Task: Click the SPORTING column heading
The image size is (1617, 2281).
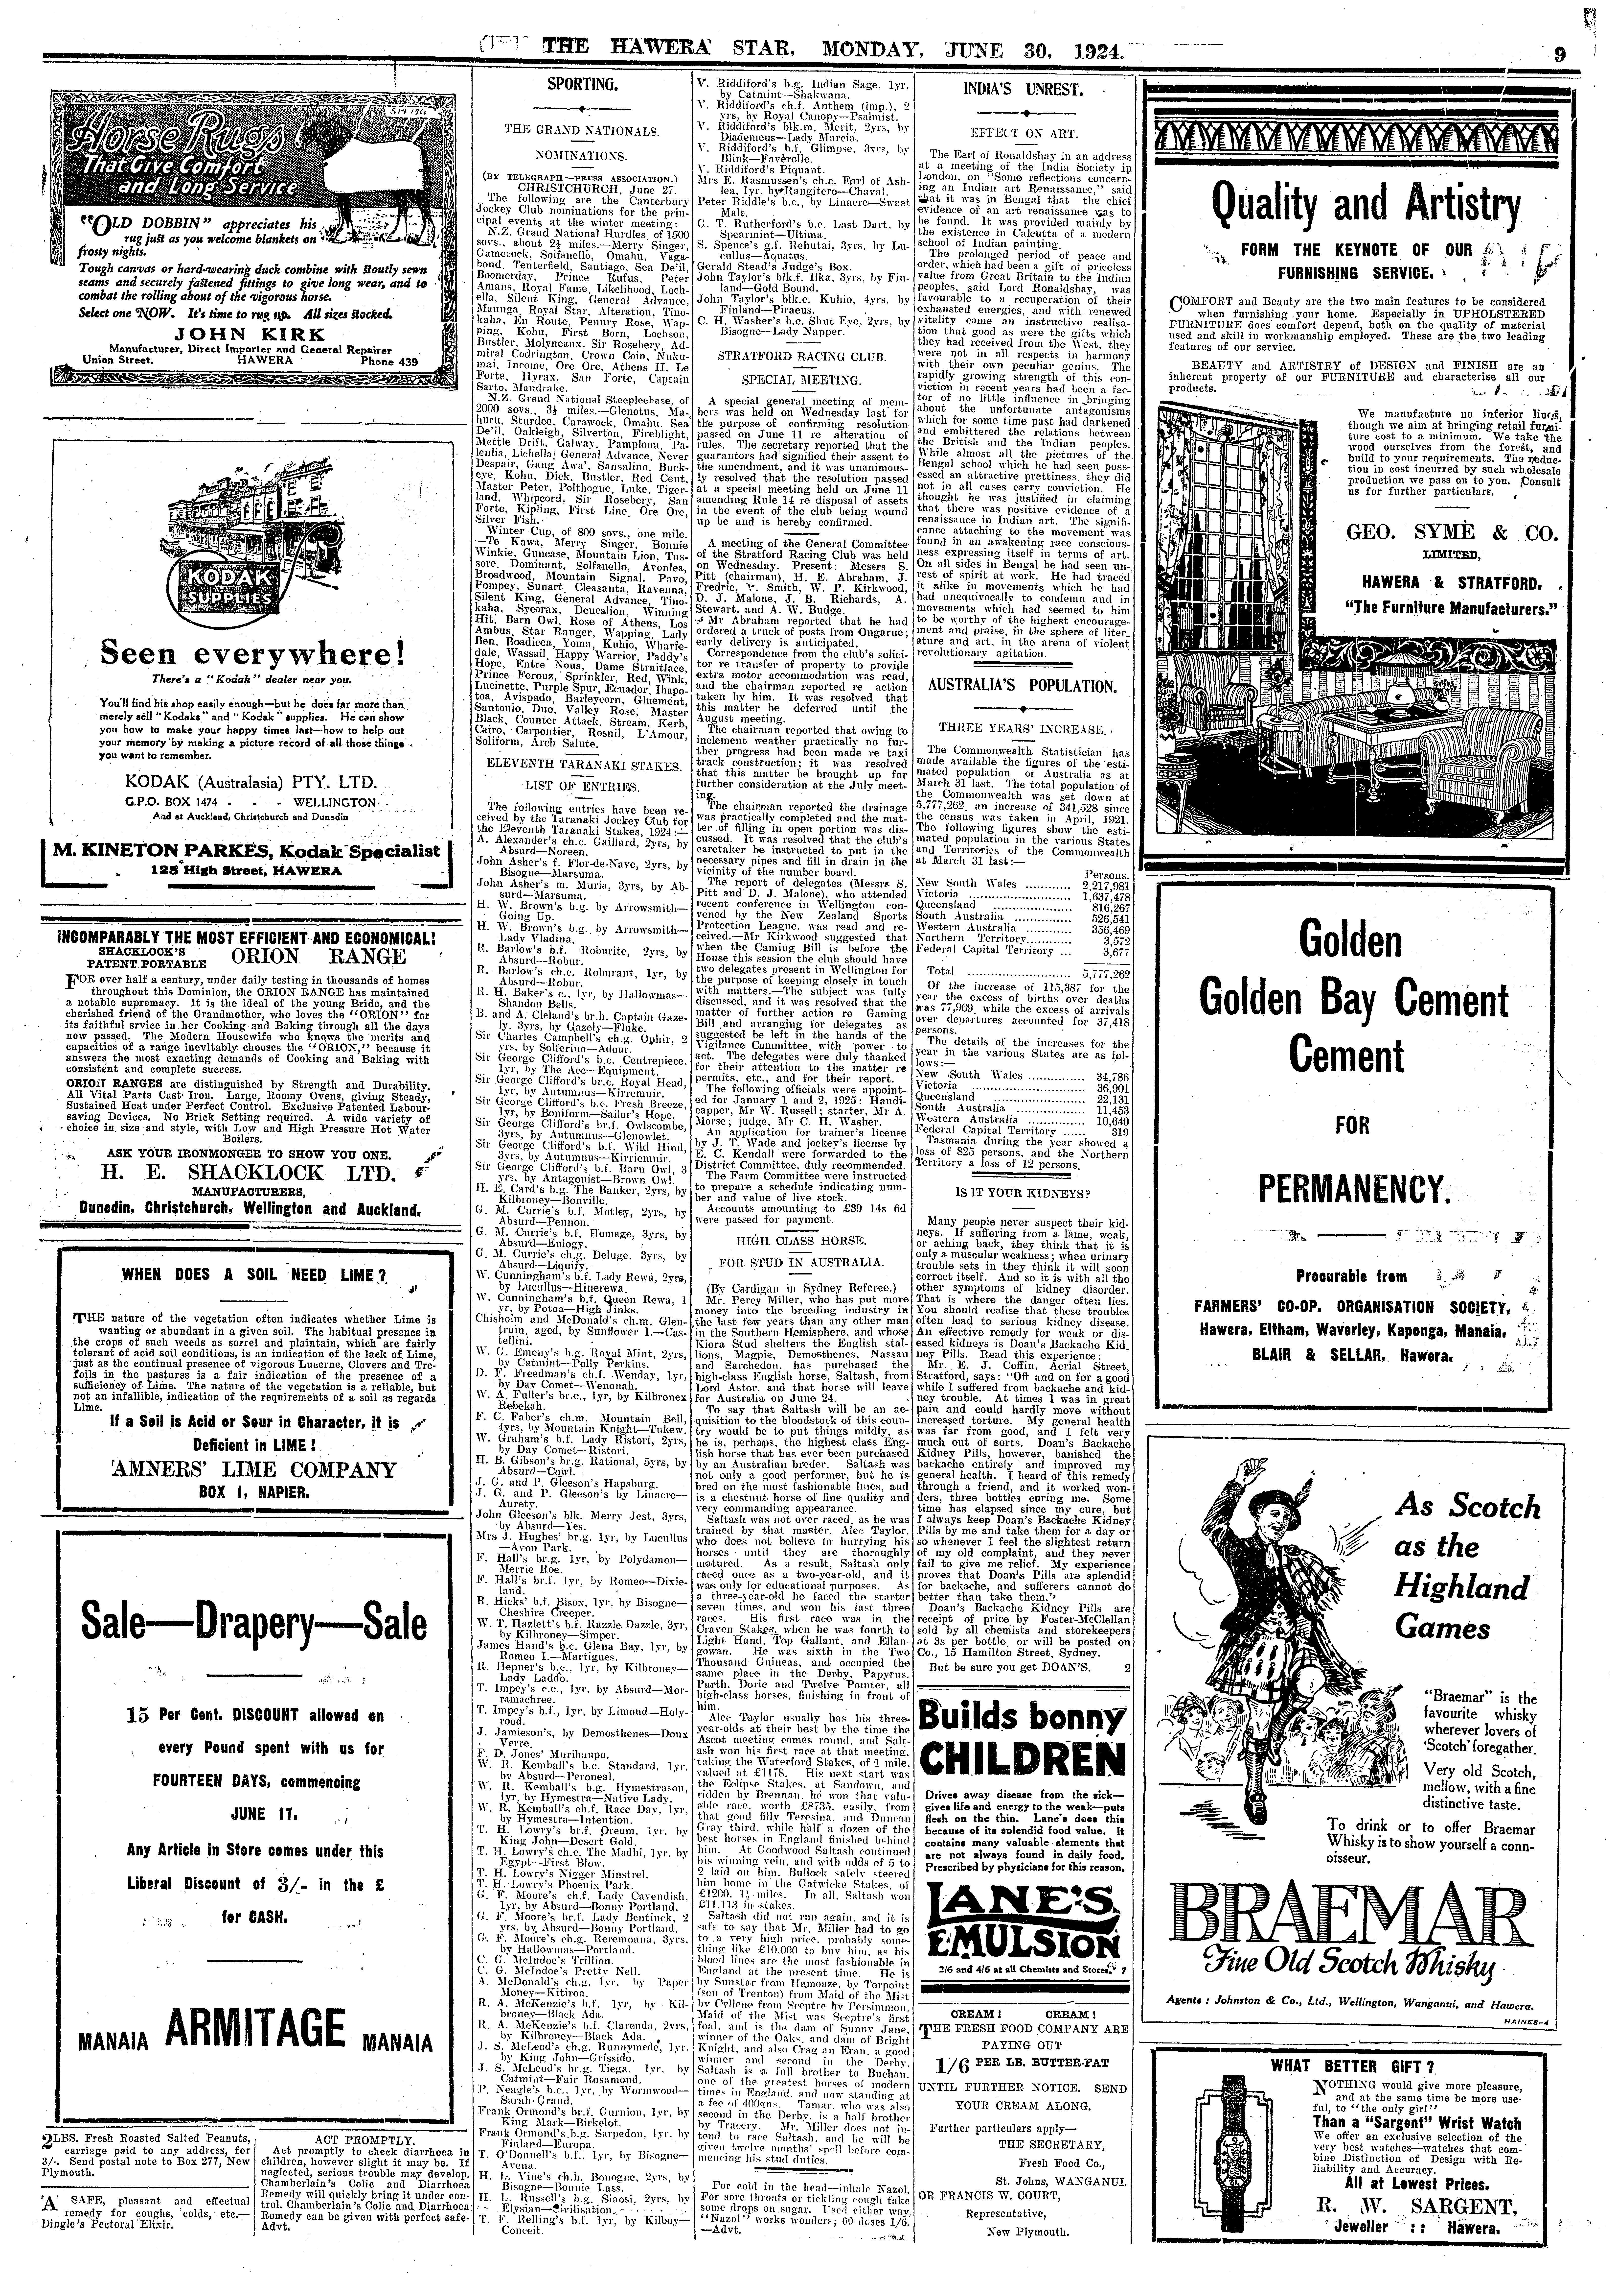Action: point(578,86)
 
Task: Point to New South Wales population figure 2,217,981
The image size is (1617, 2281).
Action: point(1105,884)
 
